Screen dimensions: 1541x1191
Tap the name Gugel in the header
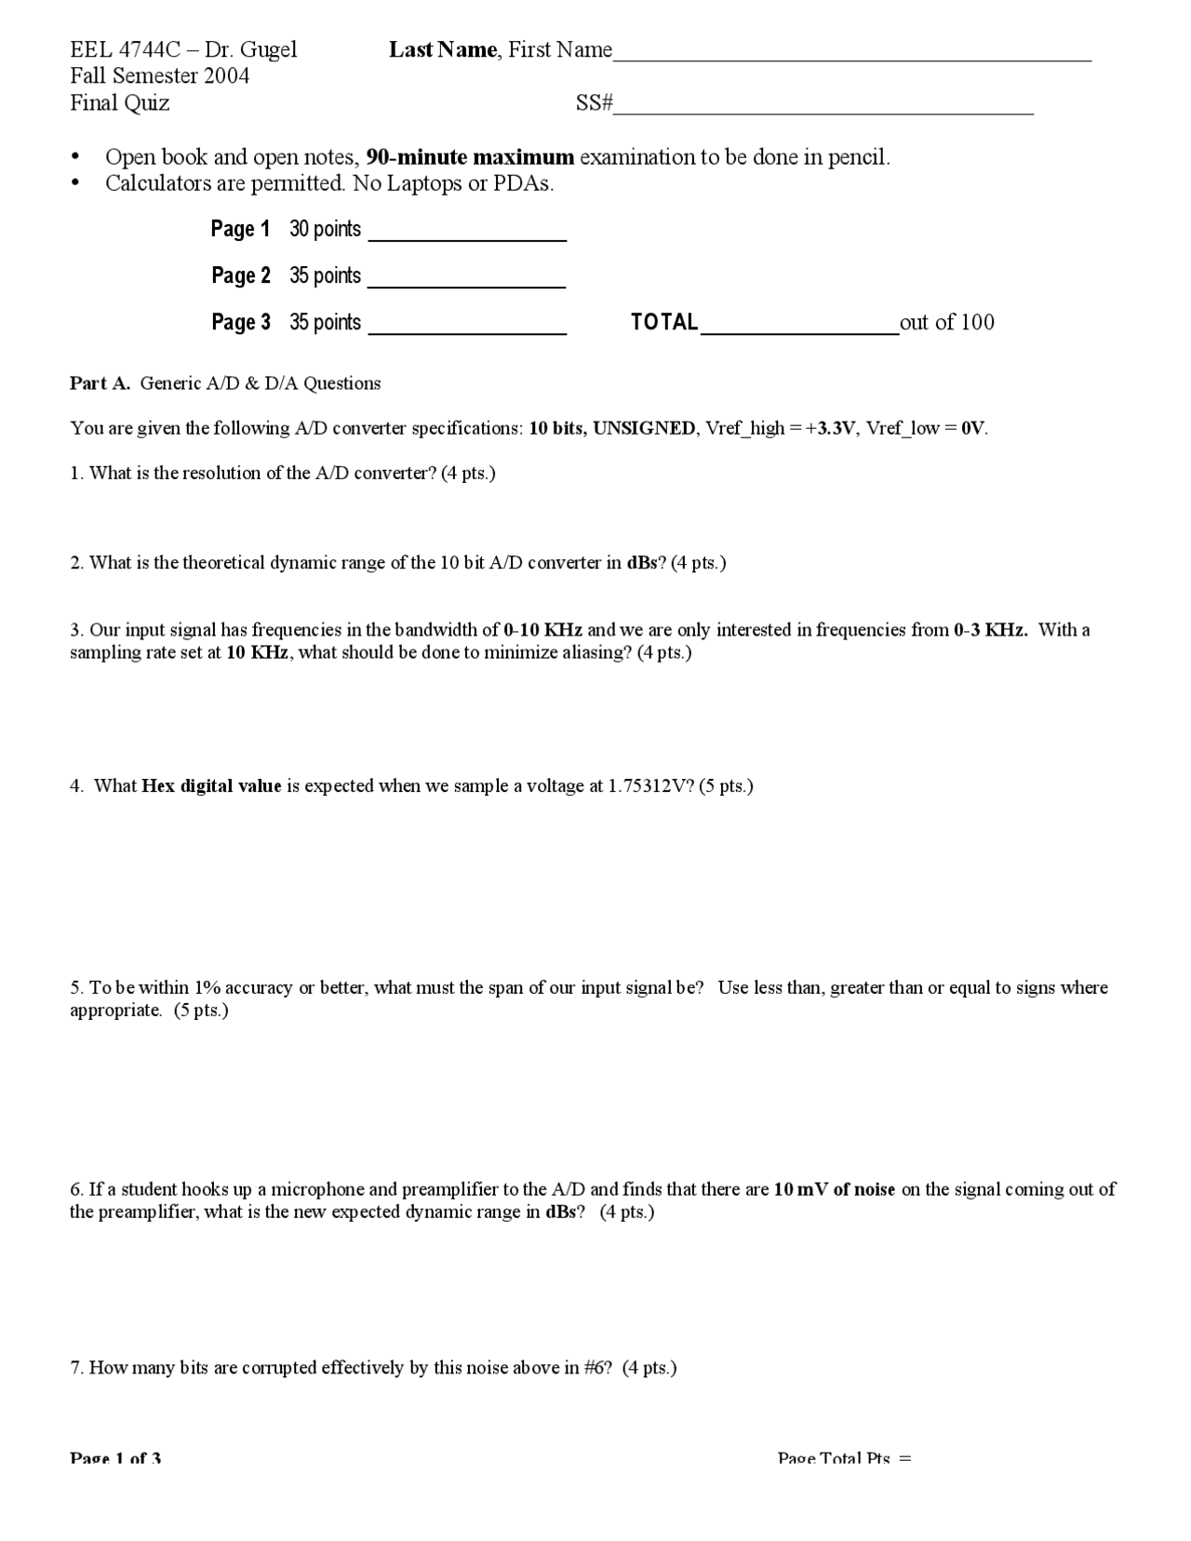click(269, 49)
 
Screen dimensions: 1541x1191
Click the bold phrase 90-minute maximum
click(470, 157)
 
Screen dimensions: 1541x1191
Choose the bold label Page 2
click(240, 275)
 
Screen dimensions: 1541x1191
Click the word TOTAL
click(664, 322)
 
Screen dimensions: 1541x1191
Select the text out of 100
click(946, 322)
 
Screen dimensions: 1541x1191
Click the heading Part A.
click(100, 383)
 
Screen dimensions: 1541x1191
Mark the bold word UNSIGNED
click(644, 428)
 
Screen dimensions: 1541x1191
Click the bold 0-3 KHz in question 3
click(990, 630)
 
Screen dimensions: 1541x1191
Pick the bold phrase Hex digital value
click(211, 786)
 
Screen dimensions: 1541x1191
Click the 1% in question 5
click(206, 987)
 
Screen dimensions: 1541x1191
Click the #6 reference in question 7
click(596, 1368)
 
